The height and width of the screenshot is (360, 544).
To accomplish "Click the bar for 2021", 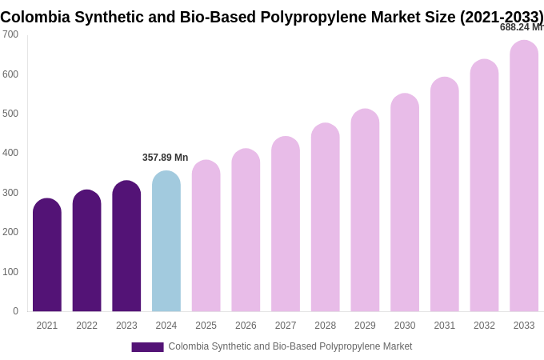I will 47,256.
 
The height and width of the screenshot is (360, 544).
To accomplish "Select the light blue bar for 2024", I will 166,242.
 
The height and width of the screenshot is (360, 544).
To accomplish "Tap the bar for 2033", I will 524,176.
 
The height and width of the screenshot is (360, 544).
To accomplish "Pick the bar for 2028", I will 326,218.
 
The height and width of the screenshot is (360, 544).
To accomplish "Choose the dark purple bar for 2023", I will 126,246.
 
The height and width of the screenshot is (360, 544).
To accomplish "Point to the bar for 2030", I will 405,203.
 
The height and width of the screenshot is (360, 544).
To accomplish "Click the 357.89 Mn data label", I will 165,158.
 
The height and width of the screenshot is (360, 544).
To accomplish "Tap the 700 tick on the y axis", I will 10,34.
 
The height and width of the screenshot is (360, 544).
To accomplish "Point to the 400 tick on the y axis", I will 10,153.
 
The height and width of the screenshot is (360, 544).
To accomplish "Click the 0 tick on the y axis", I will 15,311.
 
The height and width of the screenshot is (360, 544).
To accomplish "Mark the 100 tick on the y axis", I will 10,272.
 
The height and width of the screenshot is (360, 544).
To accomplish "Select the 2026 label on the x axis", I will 246,326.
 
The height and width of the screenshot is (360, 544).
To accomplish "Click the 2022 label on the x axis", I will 86,326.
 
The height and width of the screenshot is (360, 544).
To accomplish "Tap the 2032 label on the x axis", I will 484,326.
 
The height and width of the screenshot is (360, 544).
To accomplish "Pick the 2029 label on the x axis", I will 365,326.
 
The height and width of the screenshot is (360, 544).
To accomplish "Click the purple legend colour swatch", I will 147,347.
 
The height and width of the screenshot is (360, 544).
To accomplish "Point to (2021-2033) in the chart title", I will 502,17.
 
